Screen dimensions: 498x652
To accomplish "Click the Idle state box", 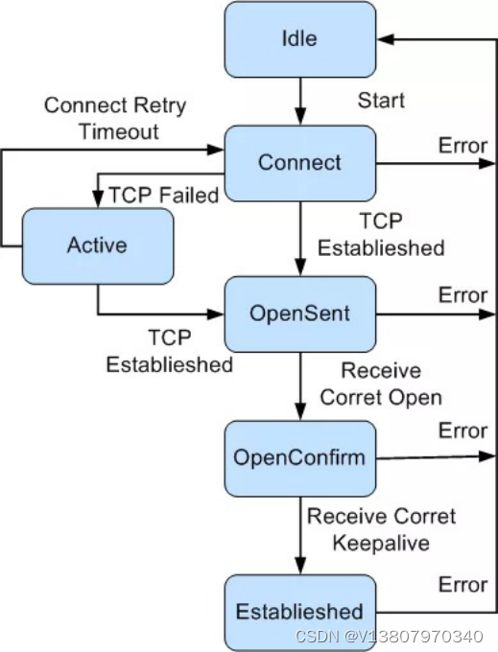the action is tap(300, 39).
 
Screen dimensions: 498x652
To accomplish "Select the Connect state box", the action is tap(300, 163).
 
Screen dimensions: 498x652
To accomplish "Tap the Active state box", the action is tap(98, 246).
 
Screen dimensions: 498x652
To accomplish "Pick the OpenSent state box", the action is tap(300, 314).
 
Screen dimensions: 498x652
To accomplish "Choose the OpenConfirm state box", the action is tap(300, 458).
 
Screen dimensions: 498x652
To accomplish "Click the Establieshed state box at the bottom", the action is tap(300, 612).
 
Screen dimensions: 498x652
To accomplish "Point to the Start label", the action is tap(381, 101).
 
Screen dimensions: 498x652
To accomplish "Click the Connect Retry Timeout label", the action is tap(115, 119).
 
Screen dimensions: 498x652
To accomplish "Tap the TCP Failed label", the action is tap(163, 195).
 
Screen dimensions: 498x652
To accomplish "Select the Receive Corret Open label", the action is tap(381, 384).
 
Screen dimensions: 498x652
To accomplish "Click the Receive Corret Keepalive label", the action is tap(381, 529).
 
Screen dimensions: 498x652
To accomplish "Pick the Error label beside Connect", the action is tap(462, 146).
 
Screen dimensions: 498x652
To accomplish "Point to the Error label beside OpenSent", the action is tap(462, 295).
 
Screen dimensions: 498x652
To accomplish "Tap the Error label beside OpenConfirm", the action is tap(462, 431).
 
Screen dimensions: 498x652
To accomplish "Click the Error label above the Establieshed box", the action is tap(462, 585).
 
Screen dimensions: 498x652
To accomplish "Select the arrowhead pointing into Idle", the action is tap(385, 39).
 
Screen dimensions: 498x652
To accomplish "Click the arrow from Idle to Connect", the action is tap(300, 101).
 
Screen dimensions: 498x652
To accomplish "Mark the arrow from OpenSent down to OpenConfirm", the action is tap(300, 386).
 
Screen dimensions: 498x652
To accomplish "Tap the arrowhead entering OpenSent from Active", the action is tap(216, 314).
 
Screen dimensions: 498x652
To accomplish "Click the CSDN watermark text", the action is tap(389, 637).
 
